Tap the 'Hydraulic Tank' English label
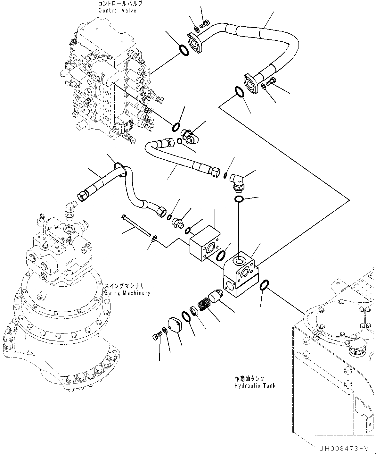[255, 385]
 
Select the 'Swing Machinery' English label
[127, 293]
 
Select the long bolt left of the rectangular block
[136, 226]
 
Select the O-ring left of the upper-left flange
[184, 50]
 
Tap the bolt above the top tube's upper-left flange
[205, 23]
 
